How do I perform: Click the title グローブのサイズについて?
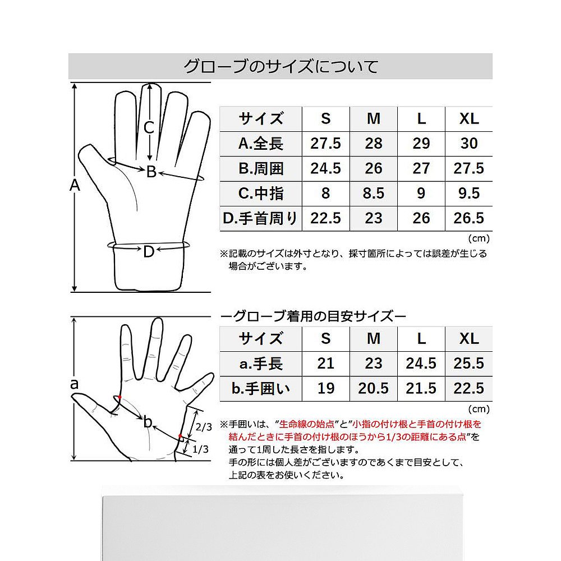pos(280,67)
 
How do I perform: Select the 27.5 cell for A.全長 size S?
pos(325,144)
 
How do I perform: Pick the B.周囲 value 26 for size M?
pos(373,168)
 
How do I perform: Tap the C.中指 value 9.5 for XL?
pos(468,193)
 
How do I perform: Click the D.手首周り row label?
pos(260,218)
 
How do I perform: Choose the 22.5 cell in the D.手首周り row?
pos(325,218)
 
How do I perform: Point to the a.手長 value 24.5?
pos(421,364)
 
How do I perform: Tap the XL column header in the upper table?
pos(469,119)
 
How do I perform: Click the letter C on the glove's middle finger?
pos(149,128)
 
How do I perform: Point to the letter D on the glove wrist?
pos(149,252)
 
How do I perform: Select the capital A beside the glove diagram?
pos(75,185)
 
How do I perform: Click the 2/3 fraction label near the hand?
pos(204,426)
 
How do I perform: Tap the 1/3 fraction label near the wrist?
pos(200,449)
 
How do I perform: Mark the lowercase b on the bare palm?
pos(148,422)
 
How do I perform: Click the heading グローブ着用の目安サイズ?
pos(314,316)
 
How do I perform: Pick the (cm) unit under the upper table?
pos(479,238)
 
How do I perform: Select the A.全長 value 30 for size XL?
pos(468,144)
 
